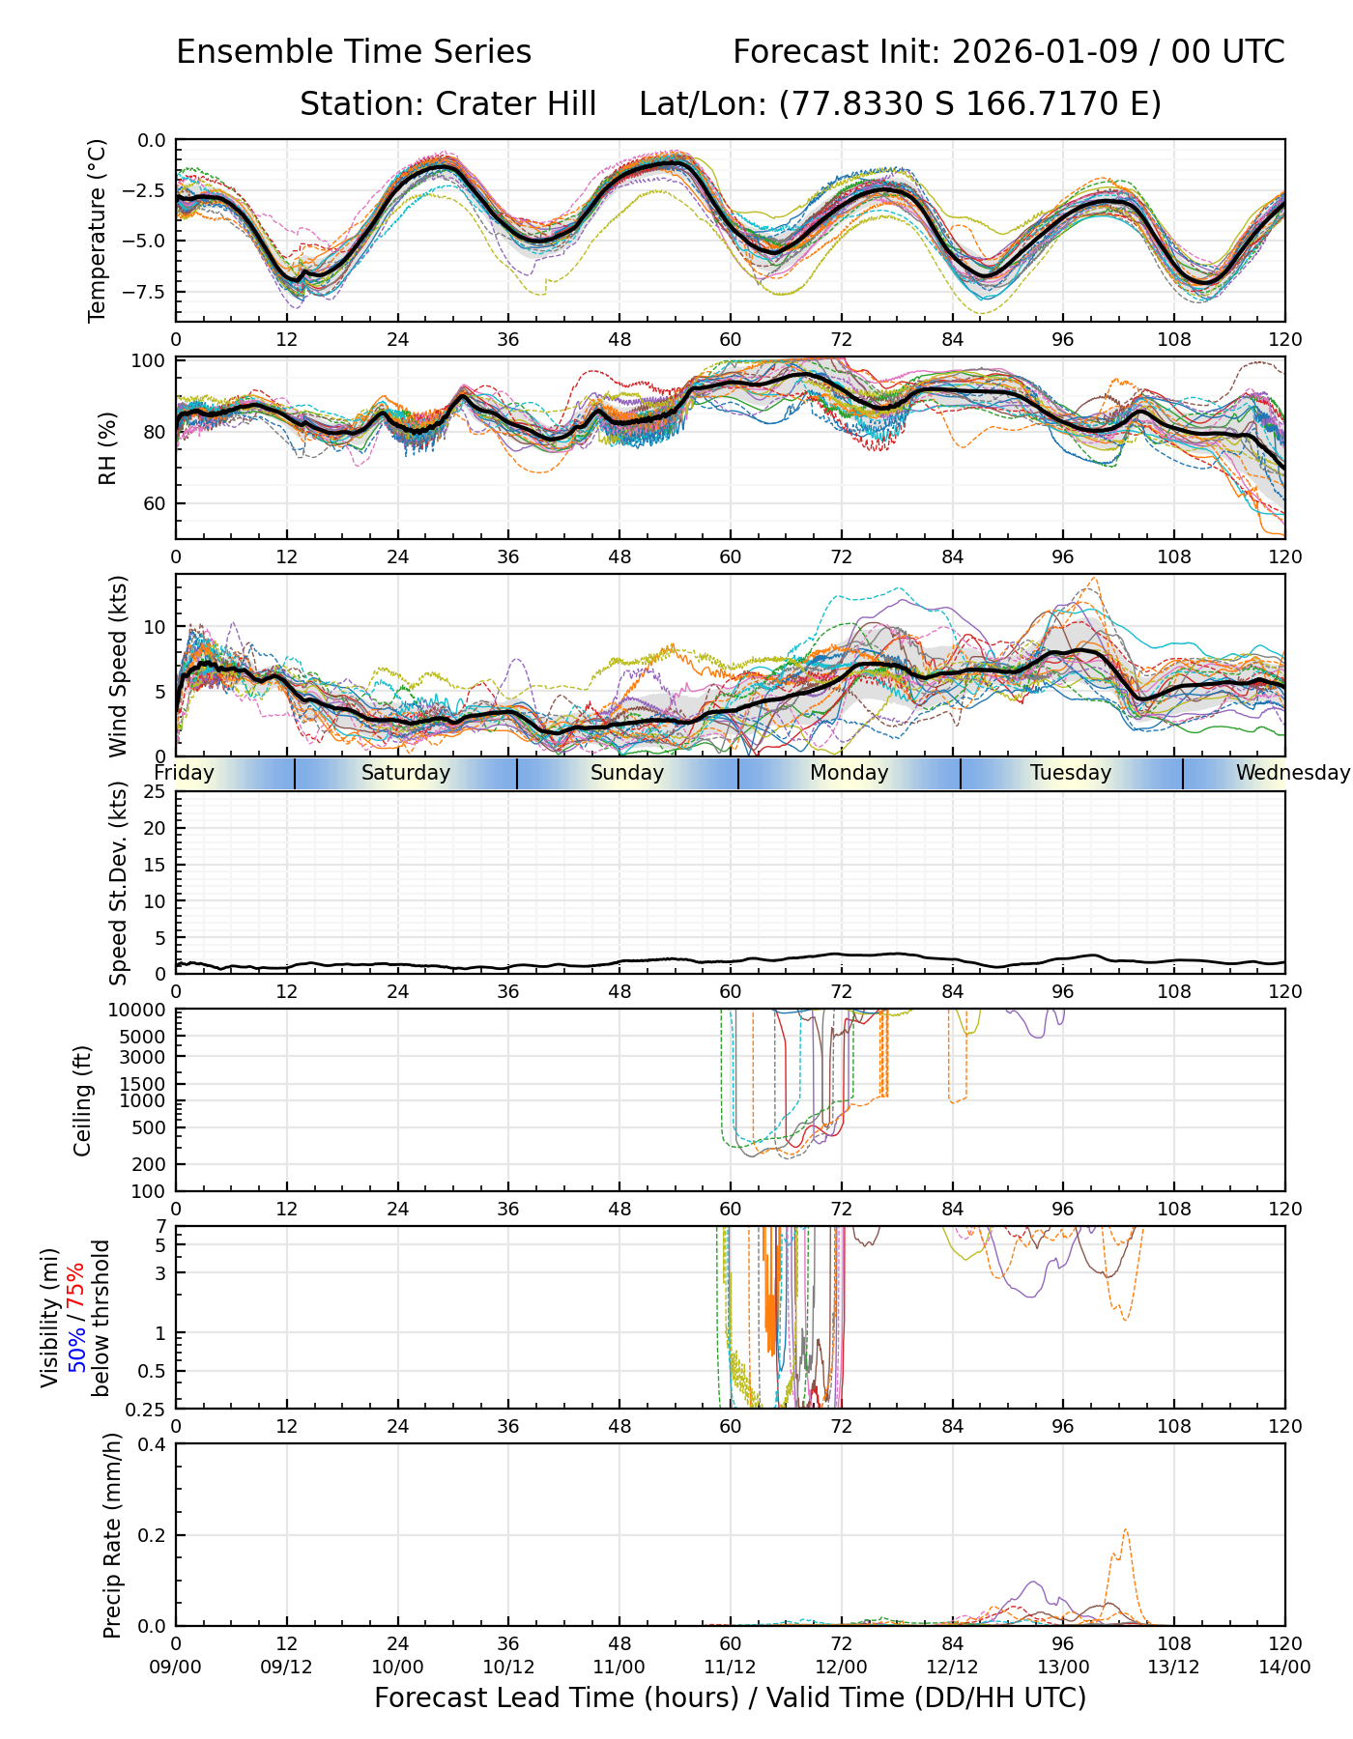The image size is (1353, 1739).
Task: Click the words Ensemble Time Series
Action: click(x=354, y=52)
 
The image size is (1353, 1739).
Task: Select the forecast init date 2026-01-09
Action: click(x=1042, y=52)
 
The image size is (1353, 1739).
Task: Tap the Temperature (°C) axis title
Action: click(x=98, y=230)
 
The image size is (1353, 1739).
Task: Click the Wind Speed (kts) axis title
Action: click(x=118, y=666)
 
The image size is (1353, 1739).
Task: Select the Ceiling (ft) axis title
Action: click(x=83, y=1100)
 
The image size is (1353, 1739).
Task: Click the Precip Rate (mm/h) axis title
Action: click(x=112, y=1534)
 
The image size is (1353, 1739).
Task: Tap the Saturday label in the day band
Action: click(x=406, y=773)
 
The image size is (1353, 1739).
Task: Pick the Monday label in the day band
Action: click(x=849, y=773)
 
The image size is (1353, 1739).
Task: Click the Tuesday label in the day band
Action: click(x=1071, y=773)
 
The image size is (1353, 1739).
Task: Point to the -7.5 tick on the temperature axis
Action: click(x=145, y=292)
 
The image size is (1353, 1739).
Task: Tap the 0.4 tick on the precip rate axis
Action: click(x=153, y=1444)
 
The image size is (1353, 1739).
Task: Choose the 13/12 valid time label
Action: click(x=1174, y=1667)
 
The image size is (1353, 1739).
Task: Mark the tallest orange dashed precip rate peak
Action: click(x=1126, y=1530)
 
